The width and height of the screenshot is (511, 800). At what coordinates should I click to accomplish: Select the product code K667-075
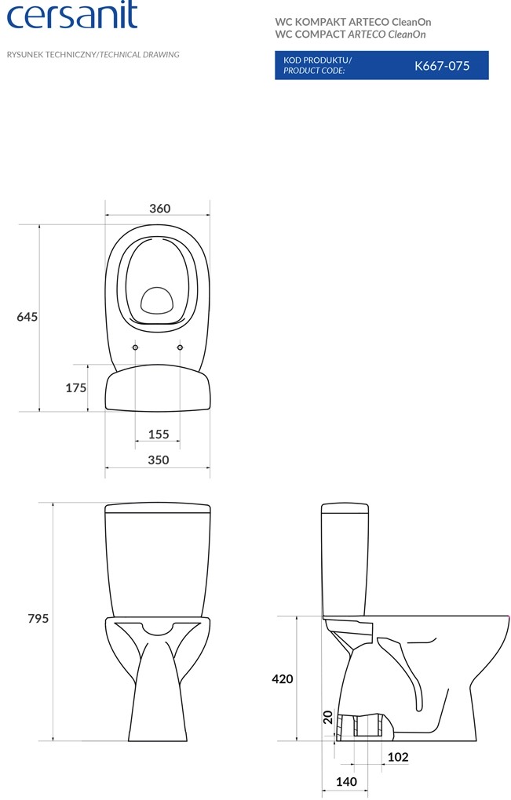click(442, 65)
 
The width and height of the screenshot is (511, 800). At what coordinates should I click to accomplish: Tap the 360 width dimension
click(160, 208)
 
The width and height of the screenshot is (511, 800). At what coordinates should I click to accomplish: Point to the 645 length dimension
click(27, 317)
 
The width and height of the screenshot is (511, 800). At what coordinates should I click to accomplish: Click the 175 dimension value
click(76, 387)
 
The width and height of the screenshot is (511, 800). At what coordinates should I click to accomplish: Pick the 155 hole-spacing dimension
click(159, 435)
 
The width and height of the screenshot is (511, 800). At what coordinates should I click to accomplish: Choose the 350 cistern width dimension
click(159, 460)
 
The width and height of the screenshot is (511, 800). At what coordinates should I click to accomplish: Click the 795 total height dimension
click(38, 618)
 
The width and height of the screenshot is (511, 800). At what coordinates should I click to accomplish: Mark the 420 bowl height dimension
click(283, 678)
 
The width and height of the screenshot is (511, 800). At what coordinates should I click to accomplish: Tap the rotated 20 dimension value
click(328, 717)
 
